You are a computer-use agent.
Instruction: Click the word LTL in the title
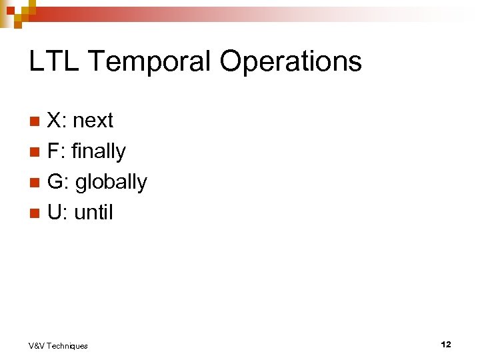(x=53, y=61)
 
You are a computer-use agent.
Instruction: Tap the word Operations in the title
(x=290, y=61)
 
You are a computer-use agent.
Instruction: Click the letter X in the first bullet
(x=54, y=121)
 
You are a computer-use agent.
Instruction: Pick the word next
(x=93, y=121)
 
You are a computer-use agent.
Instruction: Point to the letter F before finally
(x=53, y=151)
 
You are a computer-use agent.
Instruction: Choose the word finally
(x=98, y=152)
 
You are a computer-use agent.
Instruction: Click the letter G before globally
(x=55, y=182)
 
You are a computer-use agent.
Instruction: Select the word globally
(x=111, y=183)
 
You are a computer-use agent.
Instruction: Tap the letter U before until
(x=55, y=213)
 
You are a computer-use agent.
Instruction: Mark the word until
(x=93, y=213)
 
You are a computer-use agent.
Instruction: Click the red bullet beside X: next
(x=36, y=121)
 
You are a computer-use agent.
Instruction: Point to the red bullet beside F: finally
(x=36, y=152)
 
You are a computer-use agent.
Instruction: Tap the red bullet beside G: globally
(x=36, y=183)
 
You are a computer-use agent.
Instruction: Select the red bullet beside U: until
(x=36, y=213)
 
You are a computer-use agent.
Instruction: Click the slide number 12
(x=445, y=345)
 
